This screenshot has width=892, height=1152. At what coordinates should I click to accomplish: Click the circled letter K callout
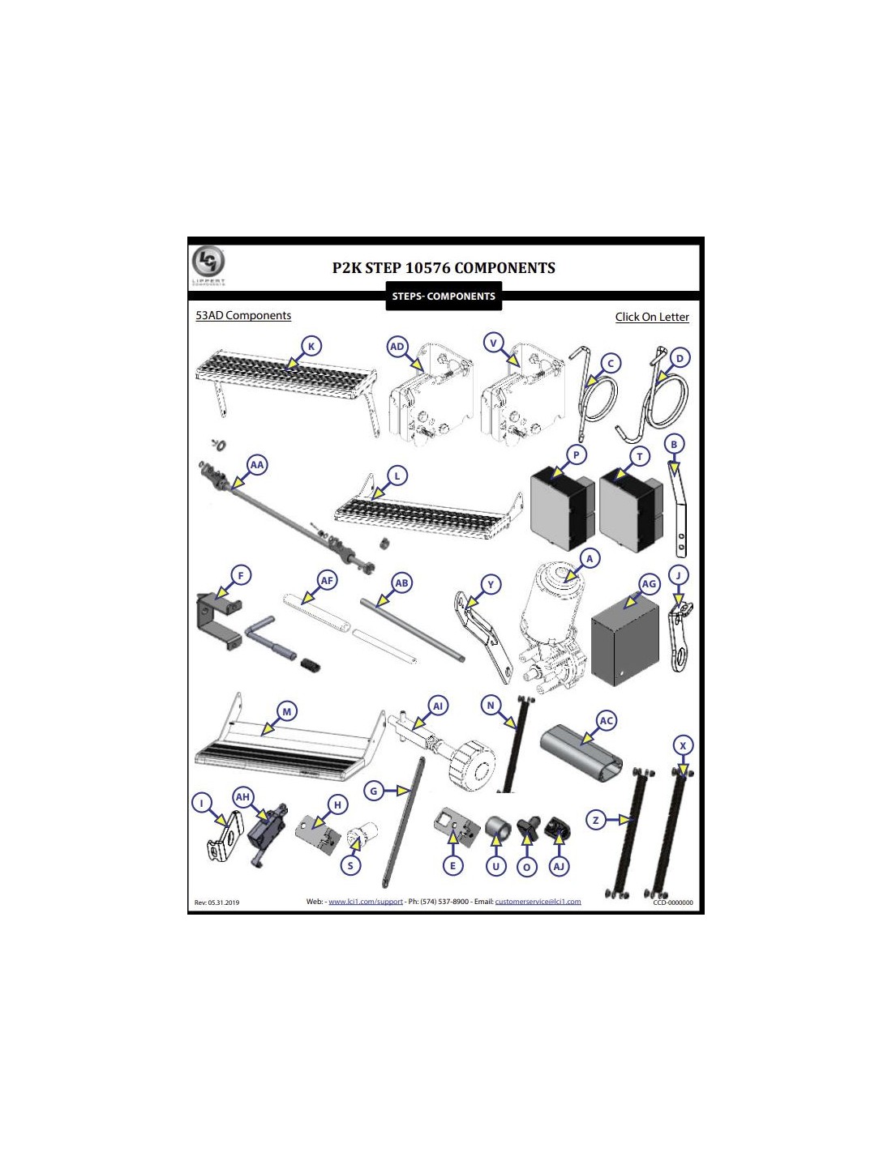click(x=311, y=347)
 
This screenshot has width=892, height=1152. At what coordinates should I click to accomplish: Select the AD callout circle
click(x=397, y=348)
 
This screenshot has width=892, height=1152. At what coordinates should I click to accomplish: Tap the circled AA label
click(x=257, y=465)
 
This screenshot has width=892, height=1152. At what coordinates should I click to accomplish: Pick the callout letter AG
click(x=649, y=583)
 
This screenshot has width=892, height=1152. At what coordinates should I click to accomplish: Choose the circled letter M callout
click(x=287, y=711)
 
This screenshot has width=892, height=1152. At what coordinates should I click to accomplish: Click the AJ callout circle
click(x=560, y=867)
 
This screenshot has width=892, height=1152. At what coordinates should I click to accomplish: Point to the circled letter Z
click(x=596, y=820)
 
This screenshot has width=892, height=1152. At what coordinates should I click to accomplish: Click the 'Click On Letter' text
click(x=652, y=317)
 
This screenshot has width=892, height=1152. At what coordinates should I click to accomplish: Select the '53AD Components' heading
click(x=243, y=315)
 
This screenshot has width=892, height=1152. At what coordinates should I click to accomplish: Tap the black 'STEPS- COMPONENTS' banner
click(x=444, y=296)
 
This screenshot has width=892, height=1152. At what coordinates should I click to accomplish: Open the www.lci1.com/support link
click(x=366, y=901)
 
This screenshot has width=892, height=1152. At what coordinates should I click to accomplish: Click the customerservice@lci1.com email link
click(x=538, y=901)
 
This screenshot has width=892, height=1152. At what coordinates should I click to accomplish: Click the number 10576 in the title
click(x=427, y=267)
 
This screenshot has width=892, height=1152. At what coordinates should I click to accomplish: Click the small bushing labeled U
click(x=498, y=830)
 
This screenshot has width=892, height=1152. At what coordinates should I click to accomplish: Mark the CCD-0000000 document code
click(x=673, y=902)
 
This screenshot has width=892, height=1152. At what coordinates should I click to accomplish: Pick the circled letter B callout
click(x=674, y=444)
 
